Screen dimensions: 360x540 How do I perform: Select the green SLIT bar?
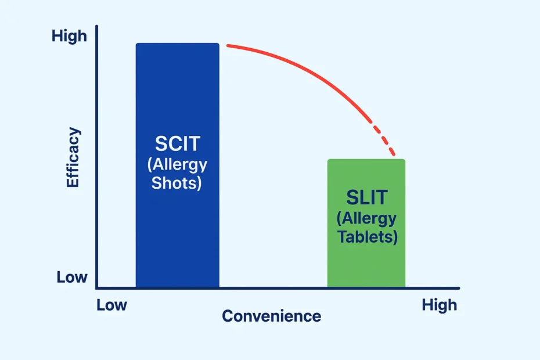[x=366, y=261]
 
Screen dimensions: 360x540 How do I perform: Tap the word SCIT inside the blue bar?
[x=177, y=143]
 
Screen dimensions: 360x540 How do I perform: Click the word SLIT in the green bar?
[x=366, y=197]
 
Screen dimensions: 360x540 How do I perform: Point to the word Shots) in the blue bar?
[x=177, y=183]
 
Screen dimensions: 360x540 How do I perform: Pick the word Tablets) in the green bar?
[x=366, y=237]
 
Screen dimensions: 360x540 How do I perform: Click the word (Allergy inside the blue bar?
[x=177, y=164]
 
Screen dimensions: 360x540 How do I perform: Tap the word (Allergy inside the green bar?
[x=366, y=218]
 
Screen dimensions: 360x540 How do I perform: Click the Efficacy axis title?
[x=73, y=158]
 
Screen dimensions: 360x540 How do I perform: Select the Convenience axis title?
[x=271, y=316]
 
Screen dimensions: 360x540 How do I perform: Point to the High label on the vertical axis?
[x=69, y=36]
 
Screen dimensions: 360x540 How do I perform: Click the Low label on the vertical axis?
[x=72, y=278]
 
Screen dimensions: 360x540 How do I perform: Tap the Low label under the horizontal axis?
[x=111, y=305]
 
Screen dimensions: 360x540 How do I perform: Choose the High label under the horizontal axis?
[x=439, y=305]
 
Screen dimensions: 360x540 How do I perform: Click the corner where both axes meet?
[x=97, y=287]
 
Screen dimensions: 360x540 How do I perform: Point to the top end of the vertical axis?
[x=97, y=27]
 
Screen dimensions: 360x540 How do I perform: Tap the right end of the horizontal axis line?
[x=458, y=288]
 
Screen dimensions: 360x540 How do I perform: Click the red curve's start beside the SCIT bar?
[x=228, y=45]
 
